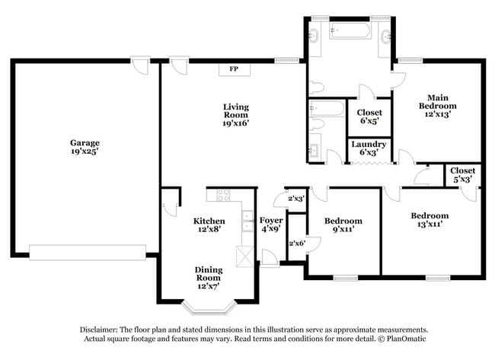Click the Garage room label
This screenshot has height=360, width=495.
[x=85, y=147]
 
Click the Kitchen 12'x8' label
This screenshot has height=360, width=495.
[x=209, y=225]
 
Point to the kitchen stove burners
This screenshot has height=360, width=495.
[x=224, y=196]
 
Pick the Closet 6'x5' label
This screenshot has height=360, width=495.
[x=369, y=116]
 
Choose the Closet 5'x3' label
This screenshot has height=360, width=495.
[x=462, y=174]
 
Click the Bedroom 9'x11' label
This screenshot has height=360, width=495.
[x=343, y=225]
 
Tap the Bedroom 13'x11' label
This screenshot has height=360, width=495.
[x=431, y=220]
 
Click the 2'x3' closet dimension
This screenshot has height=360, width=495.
[x=295, y=198]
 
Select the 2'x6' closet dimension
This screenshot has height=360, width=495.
[x=295, y=243]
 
